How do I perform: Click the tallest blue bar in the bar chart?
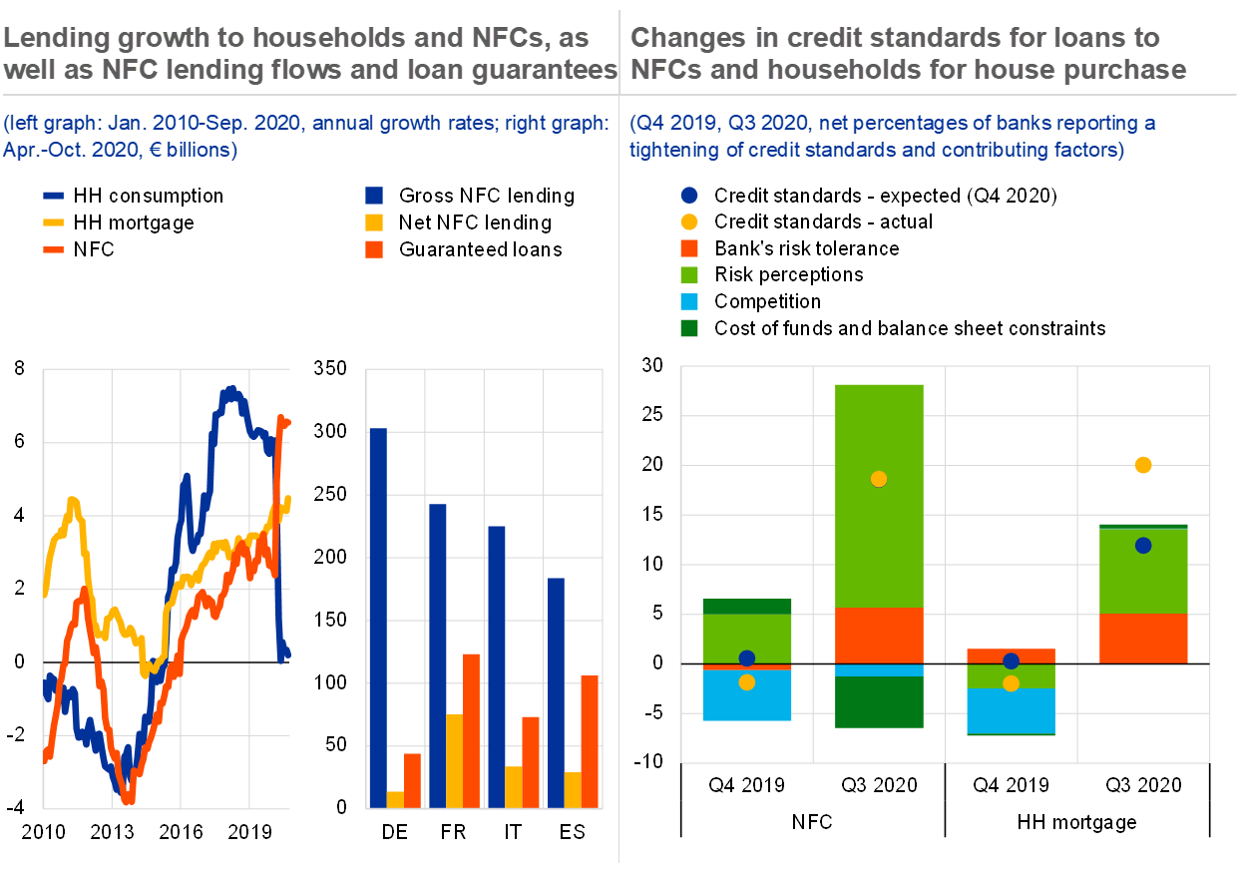point(377,618)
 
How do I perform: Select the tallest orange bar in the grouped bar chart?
point(471,730)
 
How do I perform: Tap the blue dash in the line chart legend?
point(54,197)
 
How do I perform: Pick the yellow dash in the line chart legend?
point(54,222)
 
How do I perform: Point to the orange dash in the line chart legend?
point(54,249)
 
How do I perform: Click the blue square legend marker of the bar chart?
point(374,196)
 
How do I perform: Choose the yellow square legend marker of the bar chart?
point(374,222)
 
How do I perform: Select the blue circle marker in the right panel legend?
point(689,196)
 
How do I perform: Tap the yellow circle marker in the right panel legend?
point(689,222)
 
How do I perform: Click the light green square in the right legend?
point(689,274)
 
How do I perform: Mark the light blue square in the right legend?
point(689,301)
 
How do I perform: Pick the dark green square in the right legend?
point(689,327)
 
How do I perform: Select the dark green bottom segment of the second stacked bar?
point(879,702)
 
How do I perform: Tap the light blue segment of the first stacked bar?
point(747,695)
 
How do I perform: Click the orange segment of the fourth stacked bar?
point(1143,639)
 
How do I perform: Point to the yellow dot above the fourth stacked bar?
point(1143,465)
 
